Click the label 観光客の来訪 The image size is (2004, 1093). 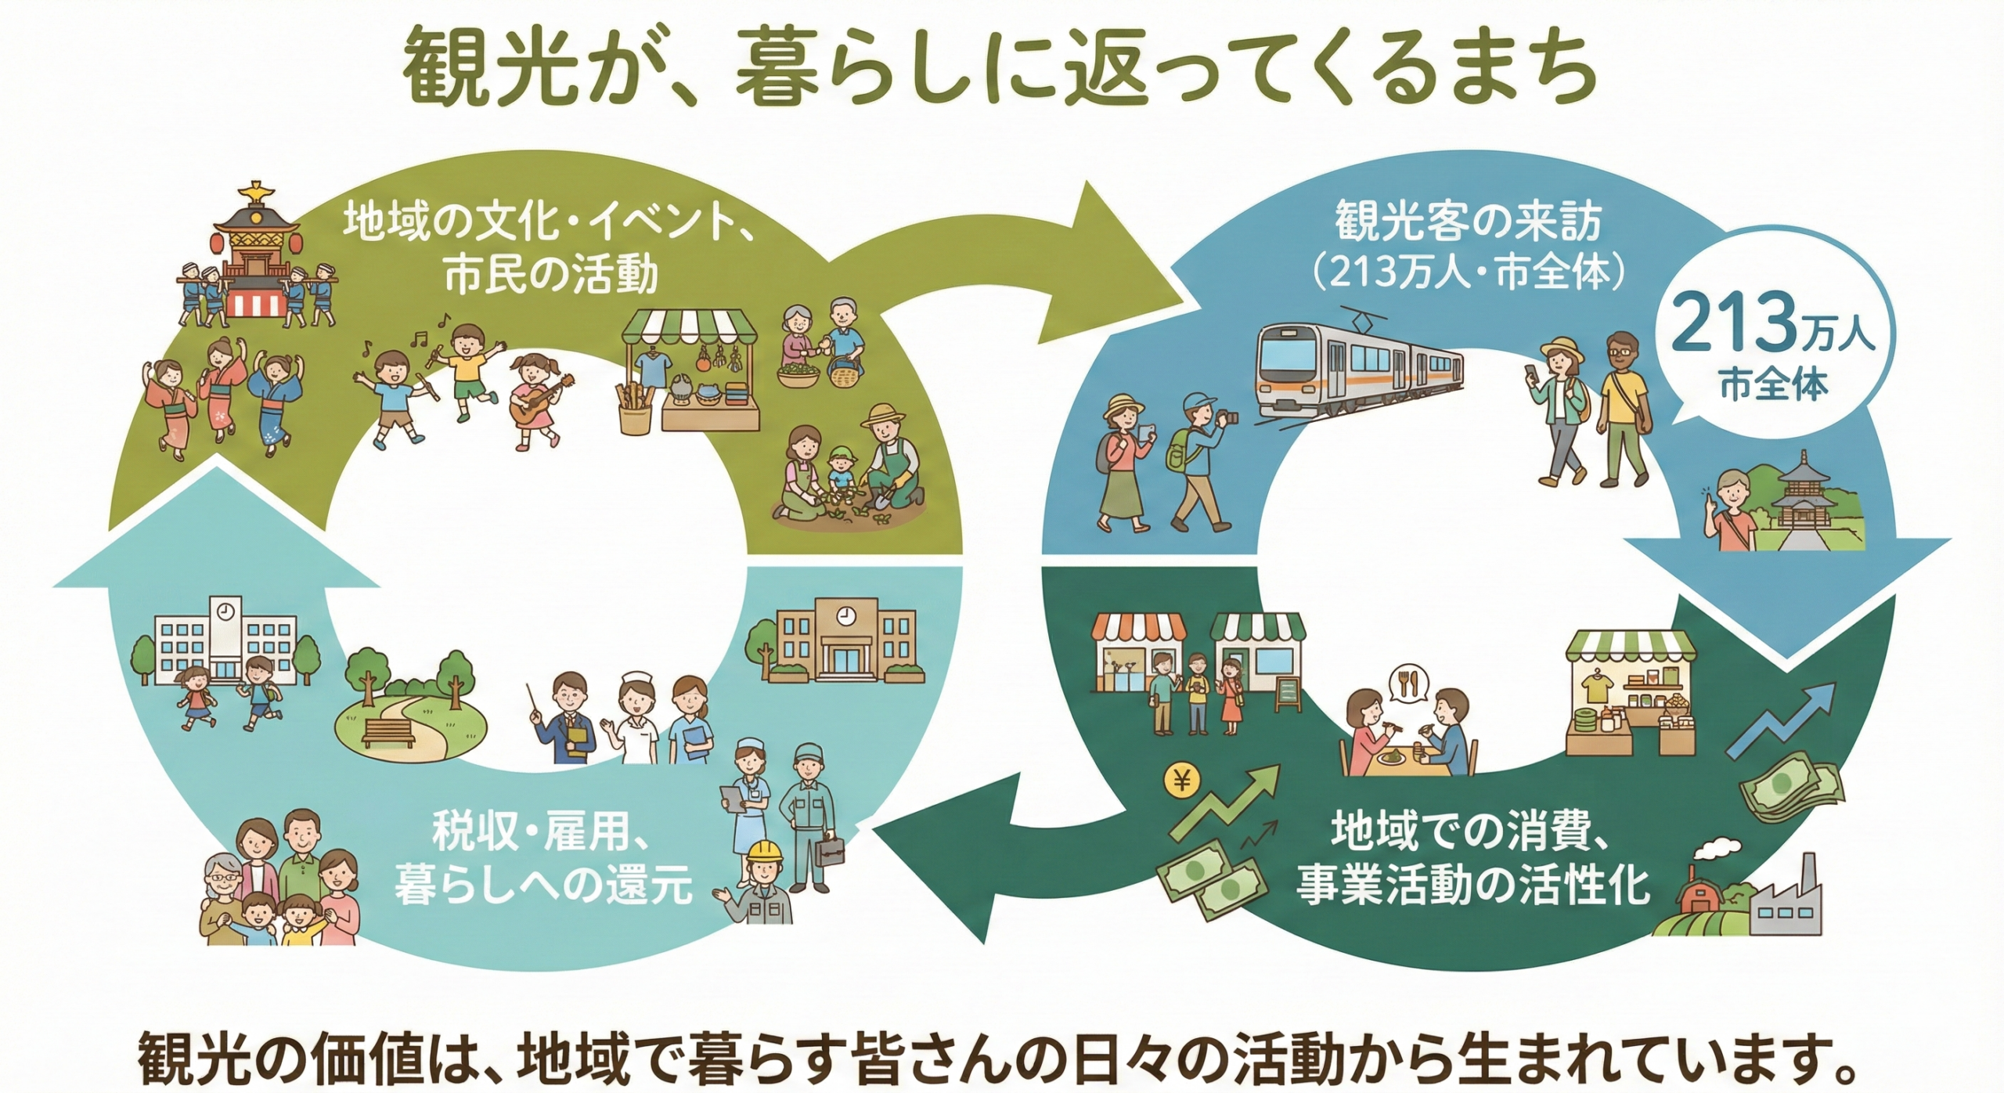[1469, 222]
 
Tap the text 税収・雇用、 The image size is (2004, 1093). [540, 835]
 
